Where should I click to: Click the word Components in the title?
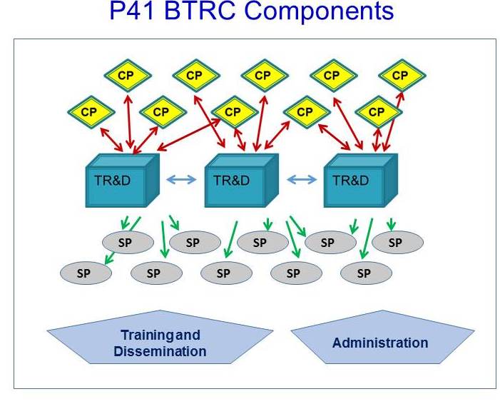coord(320,11)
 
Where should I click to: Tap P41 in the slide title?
coord(133,10)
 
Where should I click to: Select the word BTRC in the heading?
coord(200,10)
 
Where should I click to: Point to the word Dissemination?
coord(160,351)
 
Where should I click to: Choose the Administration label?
coord(380,343)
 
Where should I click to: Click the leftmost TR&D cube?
coord(123,181)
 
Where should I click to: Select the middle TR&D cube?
coord(241,181)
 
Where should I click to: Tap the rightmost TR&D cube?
coord(361,181)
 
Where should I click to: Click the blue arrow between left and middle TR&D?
coord(181,179)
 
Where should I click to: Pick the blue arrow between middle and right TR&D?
coord(302,179)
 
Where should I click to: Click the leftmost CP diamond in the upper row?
coord(128,76)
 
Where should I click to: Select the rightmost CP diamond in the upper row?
coord(402,76)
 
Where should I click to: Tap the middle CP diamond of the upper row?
coord(265,76)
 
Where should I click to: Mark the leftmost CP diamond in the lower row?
coord(91,112)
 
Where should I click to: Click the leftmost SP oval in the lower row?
coord(86,273)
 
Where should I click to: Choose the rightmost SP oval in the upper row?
coord(397,243)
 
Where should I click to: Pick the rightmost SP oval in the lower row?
coord(366,273)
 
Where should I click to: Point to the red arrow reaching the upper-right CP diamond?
coord(394,122)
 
